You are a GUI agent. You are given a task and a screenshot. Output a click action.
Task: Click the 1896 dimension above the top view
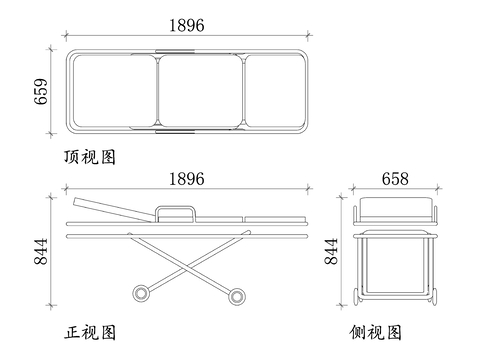click(x=187, y=26)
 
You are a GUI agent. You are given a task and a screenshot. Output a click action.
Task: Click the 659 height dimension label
click(x=41, y=92)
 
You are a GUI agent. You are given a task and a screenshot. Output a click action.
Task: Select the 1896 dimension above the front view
click(x=187, y=179)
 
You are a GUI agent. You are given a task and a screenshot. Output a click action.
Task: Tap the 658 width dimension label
click(x=395, y=179)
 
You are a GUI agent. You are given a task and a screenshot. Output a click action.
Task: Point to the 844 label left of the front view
click(x=41, y=252)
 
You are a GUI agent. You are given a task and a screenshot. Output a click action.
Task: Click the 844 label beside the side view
click(x=331, y=252)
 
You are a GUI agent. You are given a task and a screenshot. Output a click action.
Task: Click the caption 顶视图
click(x=90, y=157)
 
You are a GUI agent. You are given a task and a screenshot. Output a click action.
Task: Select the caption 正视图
click(x=90, y=332)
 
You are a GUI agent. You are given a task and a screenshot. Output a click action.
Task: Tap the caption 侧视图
click(x=376, y=332)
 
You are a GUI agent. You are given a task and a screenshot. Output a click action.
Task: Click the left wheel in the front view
click(x=141, y=294)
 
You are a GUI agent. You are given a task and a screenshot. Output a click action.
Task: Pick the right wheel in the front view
click(x=237, y=296)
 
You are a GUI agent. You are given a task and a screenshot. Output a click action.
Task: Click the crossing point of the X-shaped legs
click(x=189, y=266)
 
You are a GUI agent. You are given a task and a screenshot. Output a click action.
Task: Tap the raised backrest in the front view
click(x=113, y=209)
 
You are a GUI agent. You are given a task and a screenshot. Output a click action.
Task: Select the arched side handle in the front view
click(x=175, y=208)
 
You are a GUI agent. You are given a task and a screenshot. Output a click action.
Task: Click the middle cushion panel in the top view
click(x=200, y=91)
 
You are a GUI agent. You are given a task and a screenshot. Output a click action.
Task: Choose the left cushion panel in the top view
click(x=114, y=91)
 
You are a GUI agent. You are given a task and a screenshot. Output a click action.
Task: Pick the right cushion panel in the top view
click(x=275, y=91)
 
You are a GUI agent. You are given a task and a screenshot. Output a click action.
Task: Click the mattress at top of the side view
click(x=395, y=207)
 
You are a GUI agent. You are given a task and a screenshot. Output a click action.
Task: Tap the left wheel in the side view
click(x=357, y=296)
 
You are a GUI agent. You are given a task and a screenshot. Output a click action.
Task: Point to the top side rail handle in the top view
click(x=175, y=51)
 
